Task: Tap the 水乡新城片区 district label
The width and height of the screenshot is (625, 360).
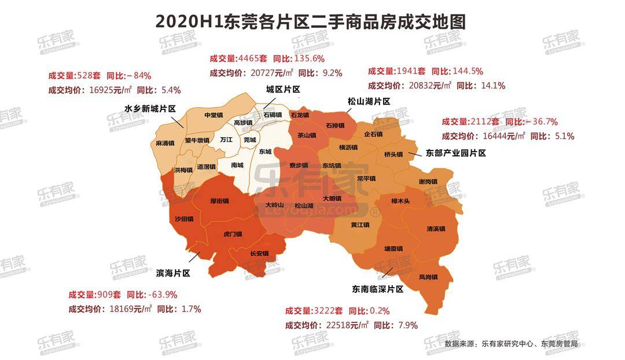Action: [x=150, y=109]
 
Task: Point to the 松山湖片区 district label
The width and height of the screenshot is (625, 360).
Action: [x=369, y=101]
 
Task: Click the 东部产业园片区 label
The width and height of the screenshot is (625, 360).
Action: [x=455, y=153]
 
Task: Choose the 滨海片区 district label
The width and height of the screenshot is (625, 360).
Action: [x=174, y=273]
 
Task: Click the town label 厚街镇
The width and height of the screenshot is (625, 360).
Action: [x=220, y=201]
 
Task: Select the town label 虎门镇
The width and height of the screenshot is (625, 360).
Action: [x=232, y=234]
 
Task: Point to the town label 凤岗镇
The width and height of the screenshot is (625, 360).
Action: [x=428, y=277]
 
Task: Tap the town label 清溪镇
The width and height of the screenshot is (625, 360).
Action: [x=435, y=229]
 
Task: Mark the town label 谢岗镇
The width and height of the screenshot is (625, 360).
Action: [x=428, y=182]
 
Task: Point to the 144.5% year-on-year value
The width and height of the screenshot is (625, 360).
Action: [x=467, y=71]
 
